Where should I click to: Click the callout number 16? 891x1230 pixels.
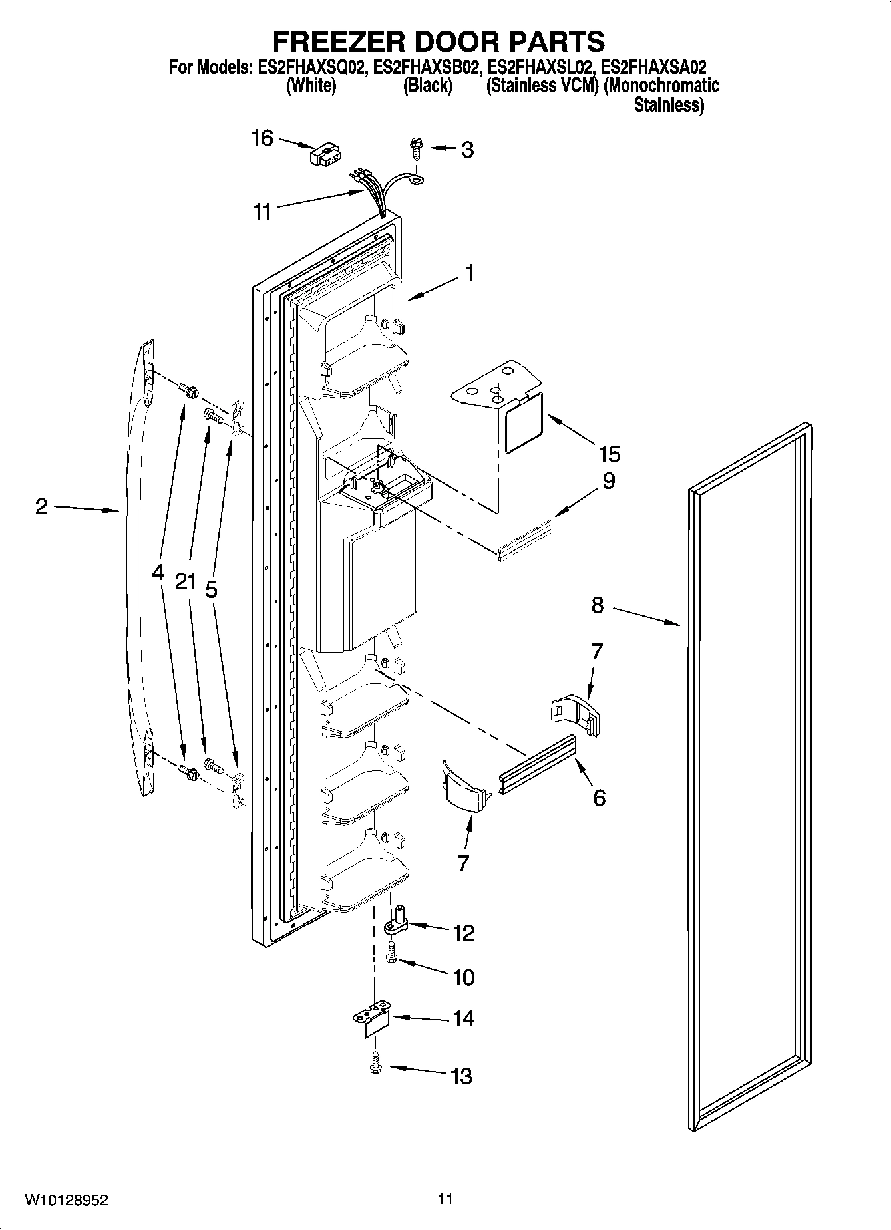[x=262, y=138]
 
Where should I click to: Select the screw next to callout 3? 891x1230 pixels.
[x=416, y=147]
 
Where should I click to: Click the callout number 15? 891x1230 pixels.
[x=609, y=454]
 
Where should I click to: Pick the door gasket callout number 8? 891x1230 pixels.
[x=597, y=605]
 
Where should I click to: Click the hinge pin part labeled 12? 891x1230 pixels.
[x=398, y=923]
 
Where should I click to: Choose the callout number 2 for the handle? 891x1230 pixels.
[x=41, y=507]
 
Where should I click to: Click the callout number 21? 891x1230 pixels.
[x=186, y=582]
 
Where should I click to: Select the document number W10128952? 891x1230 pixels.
[x=67, y=1201]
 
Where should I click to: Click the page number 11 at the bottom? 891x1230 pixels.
[x=445, y=1199]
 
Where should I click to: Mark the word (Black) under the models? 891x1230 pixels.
[x=427, y=86]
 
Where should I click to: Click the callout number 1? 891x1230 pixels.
[x=469, y=273]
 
